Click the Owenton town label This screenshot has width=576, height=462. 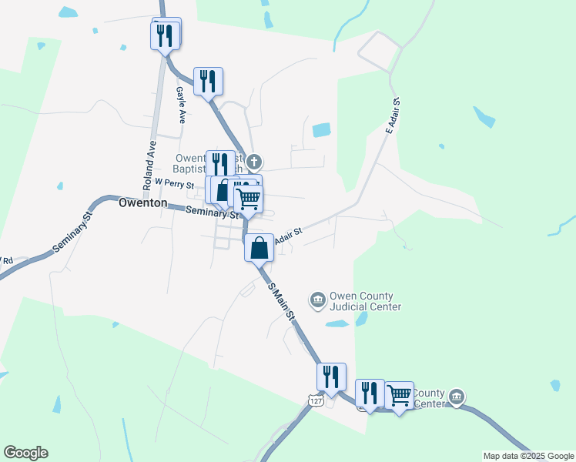(x=142, y=203)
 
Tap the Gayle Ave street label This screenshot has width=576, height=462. (x=182, y=105)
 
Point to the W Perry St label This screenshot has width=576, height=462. (x=174, y=182)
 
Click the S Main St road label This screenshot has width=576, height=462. (x=282, y=301)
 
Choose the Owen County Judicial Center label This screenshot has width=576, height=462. (x=365, y=301)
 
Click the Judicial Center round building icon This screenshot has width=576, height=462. (x=316, y=299)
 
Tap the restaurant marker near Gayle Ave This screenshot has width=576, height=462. (x=208, y=81)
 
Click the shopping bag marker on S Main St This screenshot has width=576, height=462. (x=260, y=248)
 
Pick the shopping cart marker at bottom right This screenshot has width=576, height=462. (x=399, y=396)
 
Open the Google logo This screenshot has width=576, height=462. (x=25, y=453)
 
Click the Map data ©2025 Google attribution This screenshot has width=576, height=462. (x=528, y=456)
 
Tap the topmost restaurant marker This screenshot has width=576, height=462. (x=166, y=35)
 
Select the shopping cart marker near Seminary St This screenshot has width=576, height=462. (x=249, y=199)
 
